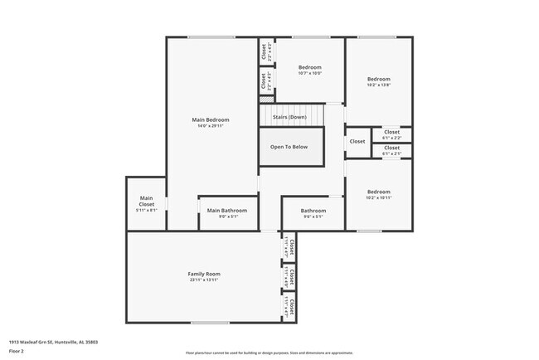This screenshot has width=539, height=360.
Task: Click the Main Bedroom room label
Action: pyautogui.click(x=210, y=119)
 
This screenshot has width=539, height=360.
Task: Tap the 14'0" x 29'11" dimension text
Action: pyautogui.click(x=210, y=126)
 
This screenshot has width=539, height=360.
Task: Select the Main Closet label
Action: pyautogui.click(x=146, y=201)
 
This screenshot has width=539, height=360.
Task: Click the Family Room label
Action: pyautogui.click(x=203, y=274)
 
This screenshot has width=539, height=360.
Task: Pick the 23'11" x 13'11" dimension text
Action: pyautogui.click(x=203, y=280)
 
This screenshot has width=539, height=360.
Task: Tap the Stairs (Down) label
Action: pyautogui.click(x=289, y=117)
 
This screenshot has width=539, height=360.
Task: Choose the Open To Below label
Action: pyautogui.click(x=289, y=147)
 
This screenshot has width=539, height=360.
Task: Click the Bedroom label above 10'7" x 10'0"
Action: pyautogui.click(x=309, y=67)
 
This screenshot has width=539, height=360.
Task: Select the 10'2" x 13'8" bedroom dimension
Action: pyautogui.click(x=378, y=85)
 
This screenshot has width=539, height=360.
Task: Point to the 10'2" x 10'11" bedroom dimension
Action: pyautogui.click(x=378, y=197)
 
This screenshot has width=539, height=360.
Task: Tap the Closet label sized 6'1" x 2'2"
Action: pyautogui.click(x=391, y=132)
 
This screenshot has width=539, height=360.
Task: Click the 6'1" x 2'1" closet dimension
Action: pyautogui.click(x=391, y=153)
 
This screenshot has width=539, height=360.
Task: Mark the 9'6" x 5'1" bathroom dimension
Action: pyautogui.click(x=313, y=217)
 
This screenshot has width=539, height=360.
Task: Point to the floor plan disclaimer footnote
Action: pyautogui.click(x=269, y=353)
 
